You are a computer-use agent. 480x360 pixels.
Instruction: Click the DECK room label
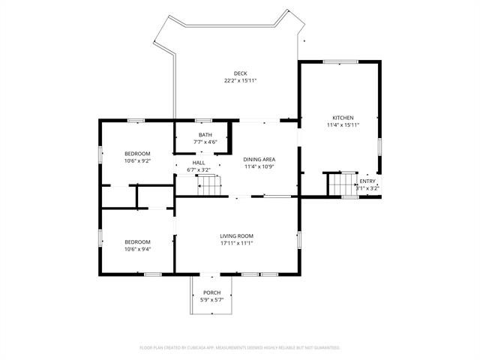240,73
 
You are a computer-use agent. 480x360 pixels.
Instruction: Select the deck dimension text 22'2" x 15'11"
240,80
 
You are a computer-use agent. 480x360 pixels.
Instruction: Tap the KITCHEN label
343,118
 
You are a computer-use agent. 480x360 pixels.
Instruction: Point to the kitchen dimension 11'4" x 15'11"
343,125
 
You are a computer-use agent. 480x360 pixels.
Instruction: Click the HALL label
199,163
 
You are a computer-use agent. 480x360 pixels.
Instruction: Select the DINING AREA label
259,159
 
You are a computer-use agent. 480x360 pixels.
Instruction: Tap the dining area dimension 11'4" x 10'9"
259,166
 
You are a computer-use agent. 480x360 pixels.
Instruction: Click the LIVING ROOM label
236,235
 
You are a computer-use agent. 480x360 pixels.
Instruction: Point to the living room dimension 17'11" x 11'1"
236,243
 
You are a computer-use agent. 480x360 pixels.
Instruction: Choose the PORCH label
212,292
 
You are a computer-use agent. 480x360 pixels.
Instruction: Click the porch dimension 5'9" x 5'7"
212,300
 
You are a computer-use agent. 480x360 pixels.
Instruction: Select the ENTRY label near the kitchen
367,181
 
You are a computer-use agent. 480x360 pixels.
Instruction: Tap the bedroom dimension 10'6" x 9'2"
137,160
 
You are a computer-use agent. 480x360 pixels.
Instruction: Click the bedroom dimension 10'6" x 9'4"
137,249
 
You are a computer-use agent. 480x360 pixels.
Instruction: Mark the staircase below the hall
211,184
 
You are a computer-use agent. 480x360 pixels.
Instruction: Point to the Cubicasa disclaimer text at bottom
240,348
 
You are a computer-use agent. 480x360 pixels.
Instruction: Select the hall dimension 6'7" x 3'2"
199,170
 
